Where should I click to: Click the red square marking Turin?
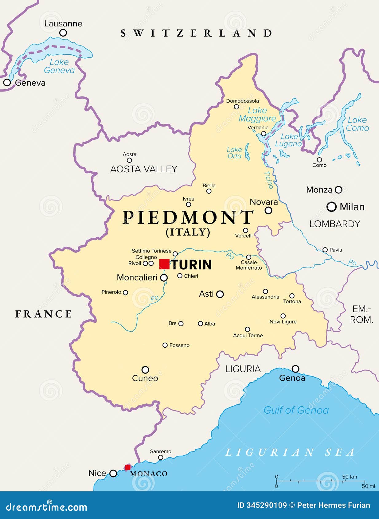coord(164,264)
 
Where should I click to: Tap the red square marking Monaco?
coord(127,467)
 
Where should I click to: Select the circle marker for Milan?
coord(331,207)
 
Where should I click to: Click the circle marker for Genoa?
coord(295,369)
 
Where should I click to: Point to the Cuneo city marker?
coord(145,369)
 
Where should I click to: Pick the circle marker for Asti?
coord(220,294)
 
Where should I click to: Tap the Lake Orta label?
coord(234,153)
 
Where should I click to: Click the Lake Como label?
coord(357,124)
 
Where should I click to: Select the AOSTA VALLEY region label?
coord(144,169)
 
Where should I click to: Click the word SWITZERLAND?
coord(196,33)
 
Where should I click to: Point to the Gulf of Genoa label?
coord(296,410)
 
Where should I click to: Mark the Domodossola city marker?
coord(236,107)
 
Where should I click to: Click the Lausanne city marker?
coord(63,33)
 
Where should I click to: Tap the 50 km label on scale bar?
coord(350,477)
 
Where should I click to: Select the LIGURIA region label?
coord(243,369)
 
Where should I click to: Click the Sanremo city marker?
coord(161,457)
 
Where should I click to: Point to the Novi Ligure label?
coord(283,322)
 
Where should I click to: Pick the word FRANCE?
coord(44,314)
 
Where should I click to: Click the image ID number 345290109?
coord(267,505)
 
